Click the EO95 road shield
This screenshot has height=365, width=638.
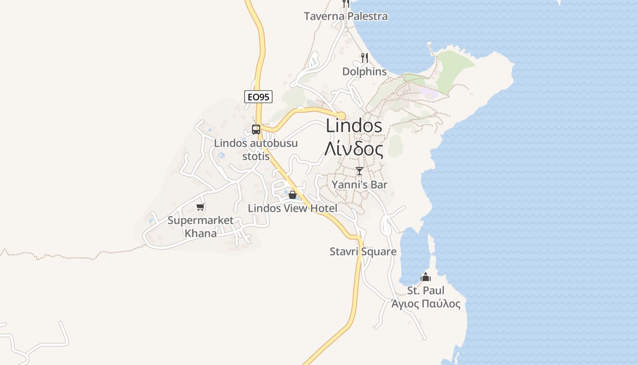pyautogui.click(x=258, y=97)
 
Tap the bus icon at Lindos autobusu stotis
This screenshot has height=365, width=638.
pyautogui.click(x=256, y=129)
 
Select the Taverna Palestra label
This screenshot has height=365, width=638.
pyautogui.click(x=346, y=16)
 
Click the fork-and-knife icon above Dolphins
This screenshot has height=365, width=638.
pyautogui.click(x=364, y=58)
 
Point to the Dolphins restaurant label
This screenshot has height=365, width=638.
pyautogui.click(x=365, y=72)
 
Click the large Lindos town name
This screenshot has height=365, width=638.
pyautogui.click(x=354, y=126)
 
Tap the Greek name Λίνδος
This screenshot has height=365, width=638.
pyautogui.click(x=354, y=148)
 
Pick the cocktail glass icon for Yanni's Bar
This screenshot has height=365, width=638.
pyautogui.click(x=360, y=171)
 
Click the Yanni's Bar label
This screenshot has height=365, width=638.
pyautogui.click(x=360, y=185)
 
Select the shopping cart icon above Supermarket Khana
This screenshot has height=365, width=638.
pyautogui.click(x=200, y=207)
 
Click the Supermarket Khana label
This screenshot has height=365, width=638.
pyautogui.click(x=201, y=227)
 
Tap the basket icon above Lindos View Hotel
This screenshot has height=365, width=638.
pyautogui.click(x=293, y=195)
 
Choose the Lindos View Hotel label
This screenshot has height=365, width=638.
pyautogui.click(x=293, y=209)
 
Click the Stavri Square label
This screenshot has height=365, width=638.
pyautogui.click(x=363, y=251)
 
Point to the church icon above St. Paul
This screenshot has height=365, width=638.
pyautogui.click(x=426, y=277)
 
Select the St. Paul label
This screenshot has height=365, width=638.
pyautogui.click(x=426, y=291)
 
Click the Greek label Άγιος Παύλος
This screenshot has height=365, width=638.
pyautogui.click(x=426, y=304)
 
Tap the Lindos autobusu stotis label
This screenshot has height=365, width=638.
pyautogui.click(x=256, y=150)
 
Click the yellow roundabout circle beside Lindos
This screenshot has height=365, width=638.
pyautogui.click(x=341, y=115)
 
